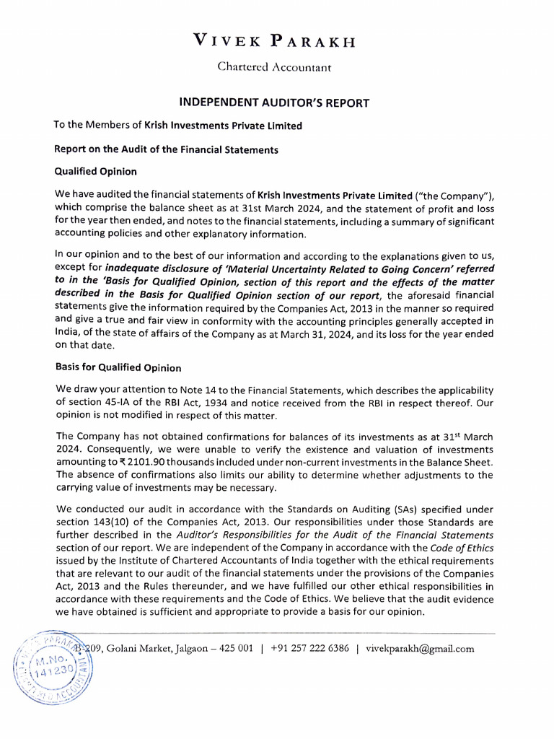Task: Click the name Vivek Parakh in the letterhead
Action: [x=275, y=41]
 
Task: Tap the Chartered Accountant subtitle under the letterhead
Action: [x=275, y=67]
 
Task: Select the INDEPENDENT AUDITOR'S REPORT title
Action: [x=274, y=103]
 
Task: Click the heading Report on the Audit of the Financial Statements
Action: [x=167, y=149]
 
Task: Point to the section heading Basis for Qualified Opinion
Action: [x=118, y=367]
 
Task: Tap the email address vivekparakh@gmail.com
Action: [x=420, y=649]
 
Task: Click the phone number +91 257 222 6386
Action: [x=309, y=649]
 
